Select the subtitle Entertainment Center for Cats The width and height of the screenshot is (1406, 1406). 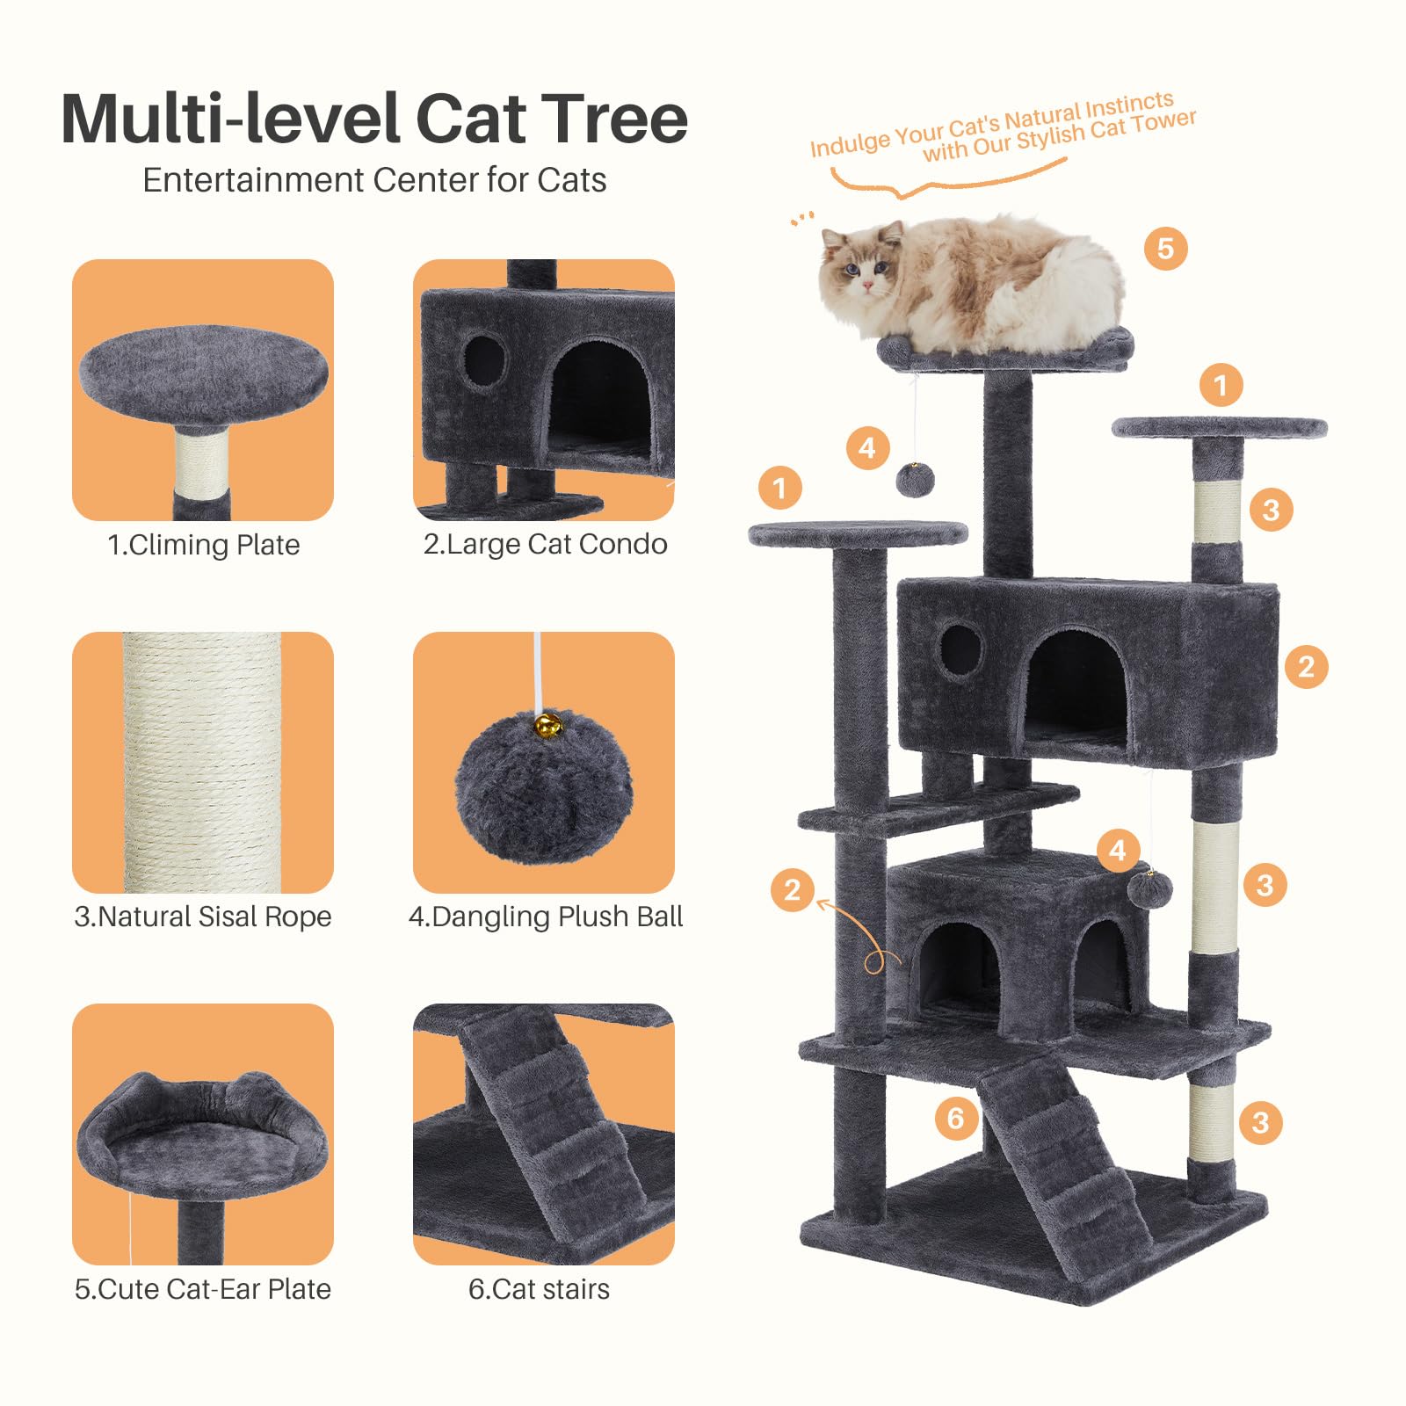click(x=374, y=180)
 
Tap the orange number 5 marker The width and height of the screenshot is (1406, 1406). click(x=1165, y=249)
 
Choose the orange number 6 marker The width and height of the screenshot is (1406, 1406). click(x=955, y=1118)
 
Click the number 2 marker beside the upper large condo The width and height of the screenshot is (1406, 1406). click(x=1306, y=667)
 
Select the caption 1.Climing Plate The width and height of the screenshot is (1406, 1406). click(x=203, y=545)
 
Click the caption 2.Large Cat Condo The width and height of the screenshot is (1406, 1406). click(x=545, y=545)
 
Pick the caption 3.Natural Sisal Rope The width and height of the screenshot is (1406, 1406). click(x=203, y=917)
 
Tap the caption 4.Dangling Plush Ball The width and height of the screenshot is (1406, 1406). click(x=545, y=917)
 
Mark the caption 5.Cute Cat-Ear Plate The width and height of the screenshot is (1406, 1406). click(x=203, y=1289)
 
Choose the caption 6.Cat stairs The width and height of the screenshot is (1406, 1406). click(x=539, y=1289)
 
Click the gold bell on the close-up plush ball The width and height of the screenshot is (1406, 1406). click(x=547, y=726)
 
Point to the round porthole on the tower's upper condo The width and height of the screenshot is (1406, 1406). click(x=958, y=649)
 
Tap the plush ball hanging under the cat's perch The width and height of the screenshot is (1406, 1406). click(x=915, y=480)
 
